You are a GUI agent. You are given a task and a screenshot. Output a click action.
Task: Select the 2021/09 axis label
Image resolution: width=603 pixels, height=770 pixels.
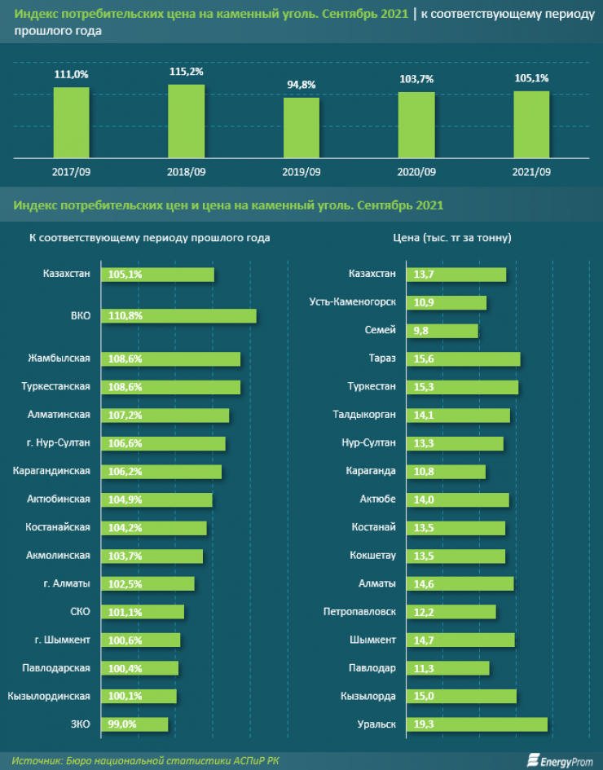[530, 172]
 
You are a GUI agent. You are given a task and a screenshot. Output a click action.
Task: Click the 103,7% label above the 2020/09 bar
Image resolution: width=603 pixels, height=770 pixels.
[416, 79]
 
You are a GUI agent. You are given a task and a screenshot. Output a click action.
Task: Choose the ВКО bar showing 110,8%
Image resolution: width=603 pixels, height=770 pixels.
[178, 316]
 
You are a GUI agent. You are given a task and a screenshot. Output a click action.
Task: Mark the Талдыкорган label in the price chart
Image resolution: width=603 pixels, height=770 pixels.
[364, 415]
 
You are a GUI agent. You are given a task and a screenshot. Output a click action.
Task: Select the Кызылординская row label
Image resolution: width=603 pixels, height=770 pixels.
[49, 696]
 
